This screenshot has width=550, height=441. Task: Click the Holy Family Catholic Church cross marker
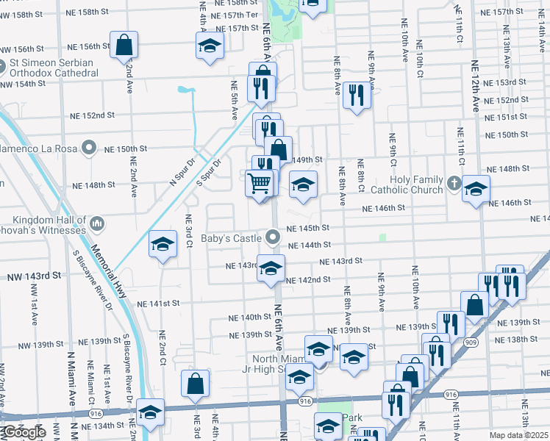tap(454, 182)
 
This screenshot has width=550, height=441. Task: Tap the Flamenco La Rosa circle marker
tap(89, 148)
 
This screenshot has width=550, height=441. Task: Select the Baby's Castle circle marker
tap(274, 237)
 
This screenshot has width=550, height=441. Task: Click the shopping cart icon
tap(259, 182)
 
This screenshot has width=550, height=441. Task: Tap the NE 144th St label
tap(309, 245)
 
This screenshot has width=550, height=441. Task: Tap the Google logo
tap(24, 433)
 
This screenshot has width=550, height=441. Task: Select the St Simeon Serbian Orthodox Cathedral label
tap(51, 68)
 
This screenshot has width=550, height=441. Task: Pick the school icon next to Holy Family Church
tap(476, 190)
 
